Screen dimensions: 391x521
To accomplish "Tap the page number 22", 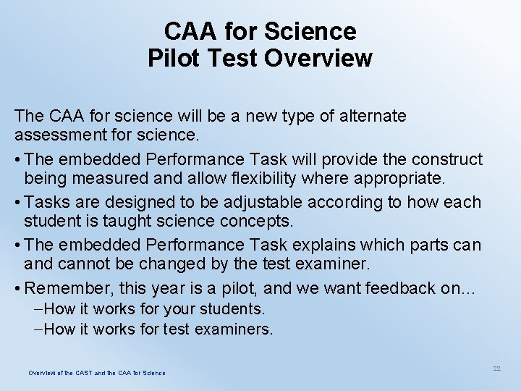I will (496, 369).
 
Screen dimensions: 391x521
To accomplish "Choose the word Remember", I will (67, 288).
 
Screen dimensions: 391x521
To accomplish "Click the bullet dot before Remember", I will (17, 288).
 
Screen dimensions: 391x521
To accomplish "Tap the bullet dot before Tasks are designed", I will (17, 202).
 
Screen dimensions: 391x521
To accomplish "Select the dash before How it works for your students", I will (38, 309).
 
